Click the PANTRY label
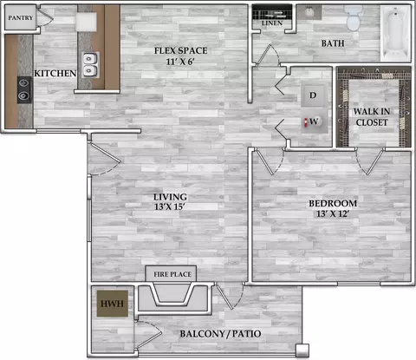click(x=20, y=18)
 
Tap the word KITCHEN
click(x=55, y=74)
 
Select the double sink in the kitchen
click(x=90, y=65)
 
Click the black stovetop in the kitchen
click(x=24, y=89)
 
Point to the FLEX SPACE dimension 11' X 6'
click(x=180, y=62)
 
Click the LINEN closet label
click(x=272, y=23)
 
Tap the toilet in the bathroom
click(x=354, y=17)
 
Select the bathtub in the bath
click(x=395, y=33)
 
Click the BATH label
click(x=333, y=43)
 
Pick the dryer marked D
click(x=313, y=95)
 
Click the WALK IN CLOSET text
click(x=372, y=117)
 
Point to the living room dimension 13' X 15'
click(x=170, y=207)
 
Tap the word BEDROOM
click(x=333, y=203)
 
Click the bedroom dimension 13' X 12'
click(x=333, y=214)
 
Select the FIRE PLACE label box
click(x=171, y=273)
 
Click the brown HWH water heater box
click(x=113, y=304)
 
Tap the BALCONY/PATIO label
click(x=220, y=334)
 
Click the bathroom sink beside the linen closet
click(x=309, y=12)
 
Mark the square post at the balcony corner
click(x=302, y=350)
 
